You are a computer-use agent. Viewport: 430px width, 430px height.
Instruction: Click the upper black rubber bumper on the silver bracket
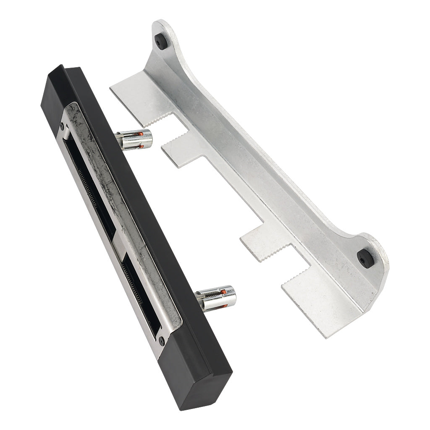161,41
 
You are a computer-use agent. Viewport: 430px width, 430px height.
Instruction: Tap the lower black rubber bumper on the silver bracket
364,258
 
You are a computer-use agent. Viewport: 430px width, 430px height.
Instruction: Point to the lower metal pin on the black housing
217,297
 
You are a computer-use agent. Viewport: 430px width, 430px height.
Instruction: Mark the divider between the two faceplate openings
119,248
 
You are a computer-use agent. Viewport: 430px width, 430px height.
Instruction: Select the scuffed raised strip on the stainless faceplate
113,189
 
